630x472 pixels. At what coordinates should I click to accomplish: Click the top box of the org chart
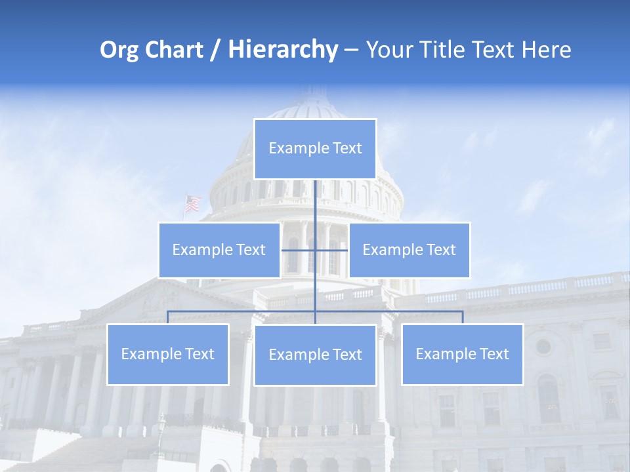[315, 149]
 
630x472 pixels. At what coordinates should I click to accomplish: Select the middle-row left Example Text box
[219, 250]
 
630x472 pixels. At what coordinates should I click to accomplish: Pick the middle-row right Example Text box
[409, 250]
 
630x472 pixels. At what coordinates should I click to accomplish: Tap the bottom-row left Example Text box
[167, 354]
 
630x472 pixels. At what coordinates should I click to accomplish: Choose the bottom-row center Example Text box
[315, 355]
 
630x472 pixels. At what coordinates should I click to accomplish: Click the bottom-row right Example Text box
[462, 354]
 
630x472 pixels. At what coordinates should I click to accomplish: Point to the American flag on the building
[192, 204]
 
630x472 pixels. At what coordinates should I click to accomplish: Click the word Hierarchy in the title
[283, 50]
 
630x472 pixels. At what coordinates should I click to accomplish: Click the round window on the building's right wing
[543, 346]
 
